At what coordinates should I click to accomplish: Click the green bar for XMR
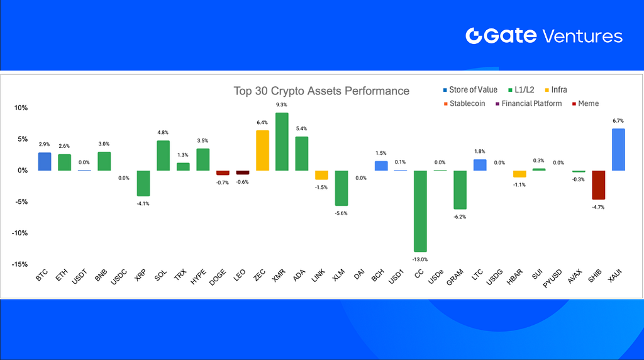coord(282,142)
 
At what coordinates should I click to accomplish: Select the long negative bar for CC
coord(420,211)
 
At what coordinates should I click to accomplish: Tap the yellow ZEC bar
coord(262,150)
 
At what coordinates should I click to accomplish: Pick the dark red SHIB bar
coord(599,185)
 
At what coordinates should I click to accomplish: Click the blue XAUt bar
coord(618,150)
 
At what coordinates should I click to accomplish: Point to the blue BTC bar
coord(45,162)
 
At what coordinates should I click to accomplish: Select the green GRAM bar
coord(460,190)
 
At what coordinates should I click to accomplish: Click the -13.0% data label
coord(420,259)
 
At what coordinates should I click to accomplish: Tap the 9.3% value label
coord(281,105)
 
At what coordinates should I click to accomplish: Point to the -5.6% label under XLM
coord(341,213)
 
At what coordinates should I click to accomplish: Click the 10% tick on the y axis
coord(21,108)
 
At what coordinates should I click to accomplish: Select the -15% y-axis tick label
coord(19,264)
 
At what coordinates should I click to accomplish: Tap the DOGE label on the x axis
coord(218,277)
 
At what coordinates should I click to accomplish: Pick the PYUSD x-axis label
coord(552,279)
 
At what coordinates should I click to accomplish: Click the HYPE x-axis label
coord(198,277)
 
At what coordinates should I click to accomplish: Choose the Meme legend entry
coord(586,104)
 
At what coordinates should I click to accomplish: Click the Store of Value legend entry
coord(470,89)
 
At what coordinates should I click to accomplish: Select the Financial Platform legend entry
coord(528,104)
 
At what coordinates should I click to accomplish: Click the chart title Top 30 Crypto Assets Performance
coord(321,91)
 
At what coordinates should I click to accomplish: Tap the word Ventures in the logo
coord(583,36)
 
